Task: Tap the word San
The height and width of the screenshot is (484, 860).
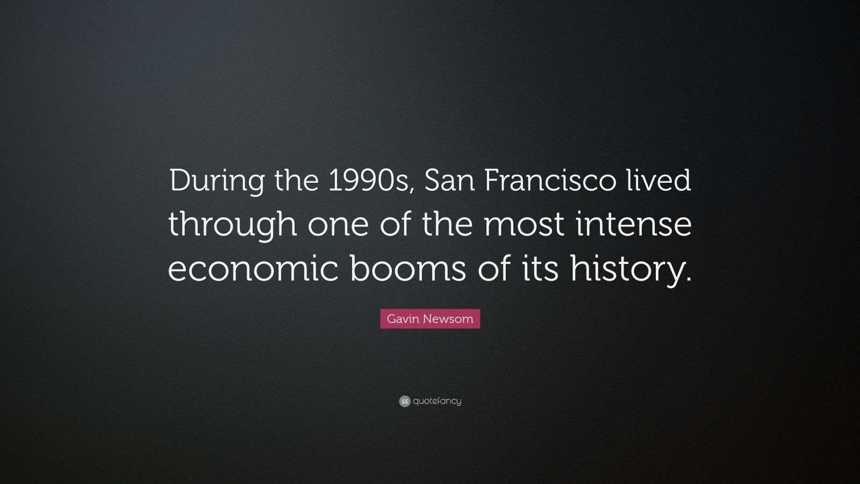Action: (449, 181)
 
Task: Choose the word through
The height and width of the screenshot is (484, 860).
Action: (232, 225)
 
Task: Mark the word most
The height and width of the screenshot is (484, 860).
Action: (525, 225)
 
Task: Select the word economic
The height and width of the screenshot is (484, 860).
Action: (253, 269)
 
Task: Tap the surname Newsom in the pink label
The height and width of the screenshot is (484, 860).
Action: (448, 319)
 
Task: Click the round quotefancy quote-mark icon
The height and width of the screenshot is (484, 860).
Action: (405, 401)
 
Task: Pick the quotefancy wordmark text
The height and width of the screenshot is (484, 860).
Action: (437, 401)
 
